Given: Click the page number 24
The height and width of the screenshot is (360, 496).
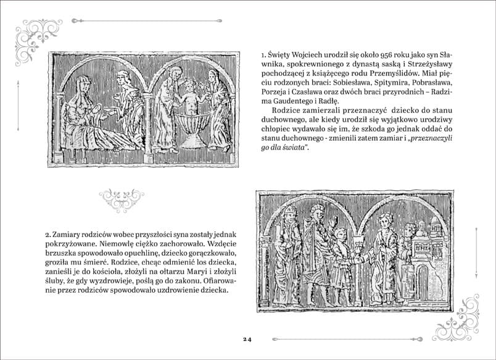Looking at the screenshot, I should click(x=247, y=339).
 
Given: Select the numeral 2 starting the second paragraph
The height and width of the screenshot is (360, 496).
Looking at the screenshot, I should click(x=47, y=235).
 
